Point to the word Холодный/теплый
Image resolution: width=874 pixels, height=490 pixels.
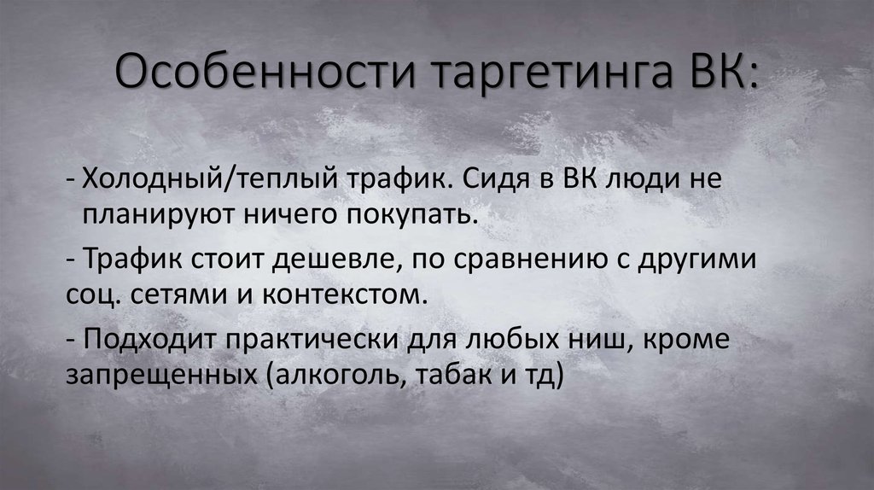pyautogui.click(x=208, y=181)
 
